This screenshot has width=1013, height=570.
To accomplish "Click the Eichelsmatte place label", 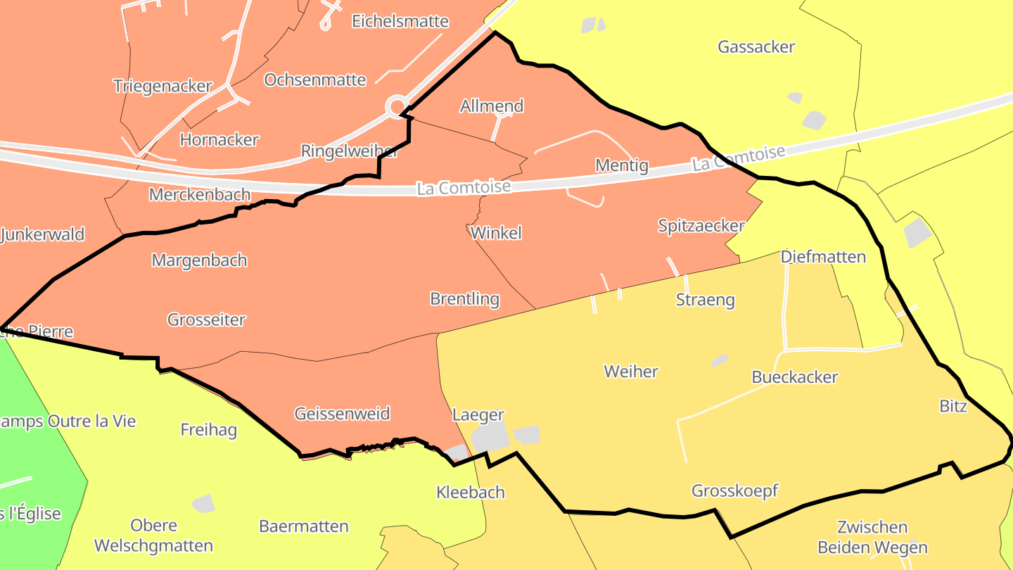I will point(400,21).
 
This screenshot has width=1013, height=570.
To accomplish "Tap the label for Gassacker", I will point(756,47).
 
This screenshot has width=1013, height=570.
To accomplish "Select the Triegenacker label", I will point(163,86).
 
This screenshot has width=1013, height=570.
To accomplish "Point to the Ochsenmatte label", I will point(315,80).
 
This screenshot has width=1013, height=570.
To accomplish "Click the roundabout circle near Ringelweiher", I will point(397,106).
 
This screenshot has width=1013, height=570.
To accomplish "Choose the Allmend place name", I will point(492,106).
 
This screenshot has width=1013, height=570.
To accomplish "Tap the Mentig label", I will point(621,165).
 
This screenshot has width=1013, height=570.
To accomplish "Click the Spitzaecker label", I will point(701,226).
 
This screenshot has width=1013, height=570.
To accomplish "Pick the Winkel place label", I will point(497,233).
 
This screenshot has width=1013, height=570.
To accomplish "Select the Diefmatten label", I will point(823,257).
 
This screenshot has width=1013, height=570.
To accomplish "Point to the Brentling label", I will point(464,299).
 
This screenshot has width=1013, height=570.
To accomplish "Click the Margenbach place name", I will point(199,260).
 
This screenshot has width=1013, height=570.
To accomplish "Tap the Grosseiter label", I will point(206,319).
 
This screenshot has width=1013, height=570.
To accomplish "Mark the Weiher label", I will point(631,372).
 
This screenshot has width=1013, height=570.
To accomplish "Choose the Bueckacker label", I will point(795,377).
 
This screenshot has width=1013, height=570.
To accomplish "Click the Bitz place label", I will point(953,406).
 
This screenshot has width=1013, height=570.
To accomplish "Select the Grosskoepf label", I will point(734,490).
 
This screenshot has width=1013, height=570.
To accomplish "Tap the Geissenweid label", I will point(342,414).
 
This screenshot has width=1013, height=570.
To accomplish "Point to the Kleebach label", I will point(471,493).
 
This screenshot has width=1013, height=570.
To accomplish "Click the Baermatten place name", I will point(304,526).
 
